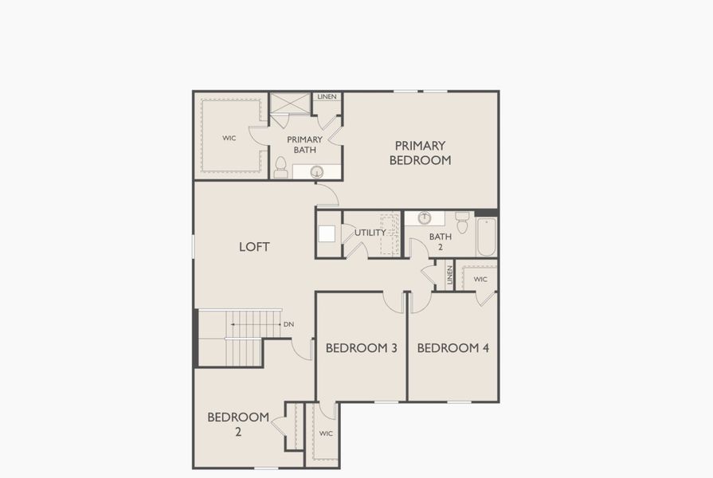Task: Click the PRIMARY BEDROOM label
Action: [x=420, y=153]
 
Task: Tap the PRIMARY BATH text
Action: [x=304, y=144]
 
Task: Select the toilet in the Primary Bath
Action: [x=280, y=167]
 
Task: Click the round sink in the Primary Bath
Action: [x=316, y=171]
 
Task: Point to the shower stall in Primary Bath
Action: [x=289, y=104]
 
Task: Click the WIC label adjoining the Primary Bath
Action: [x=229, y=138]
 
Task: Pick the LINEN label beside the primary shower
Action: [x=327, y=96]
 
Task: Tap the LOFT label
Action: [x=254, y=247]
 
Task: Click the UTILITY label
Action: [x=370, y=233]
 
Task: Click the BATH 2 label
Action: [x=440, y=241]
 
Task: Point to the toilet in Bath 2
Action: [x=462, y=221]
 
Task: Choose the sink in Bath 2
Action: [x=425, y=218]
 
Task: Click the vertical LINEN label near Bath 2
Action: [x=449, y=276]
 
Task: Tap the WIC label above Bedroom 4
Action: [x=480, y=279]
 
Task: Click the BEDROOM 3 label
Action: [x=361, y=347]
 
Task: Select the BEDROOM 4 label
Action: [x=452, y=347]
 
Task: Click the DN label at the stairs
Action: [x=288, y=324]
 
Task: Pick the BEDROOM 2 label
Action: [x=238, y=424]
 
